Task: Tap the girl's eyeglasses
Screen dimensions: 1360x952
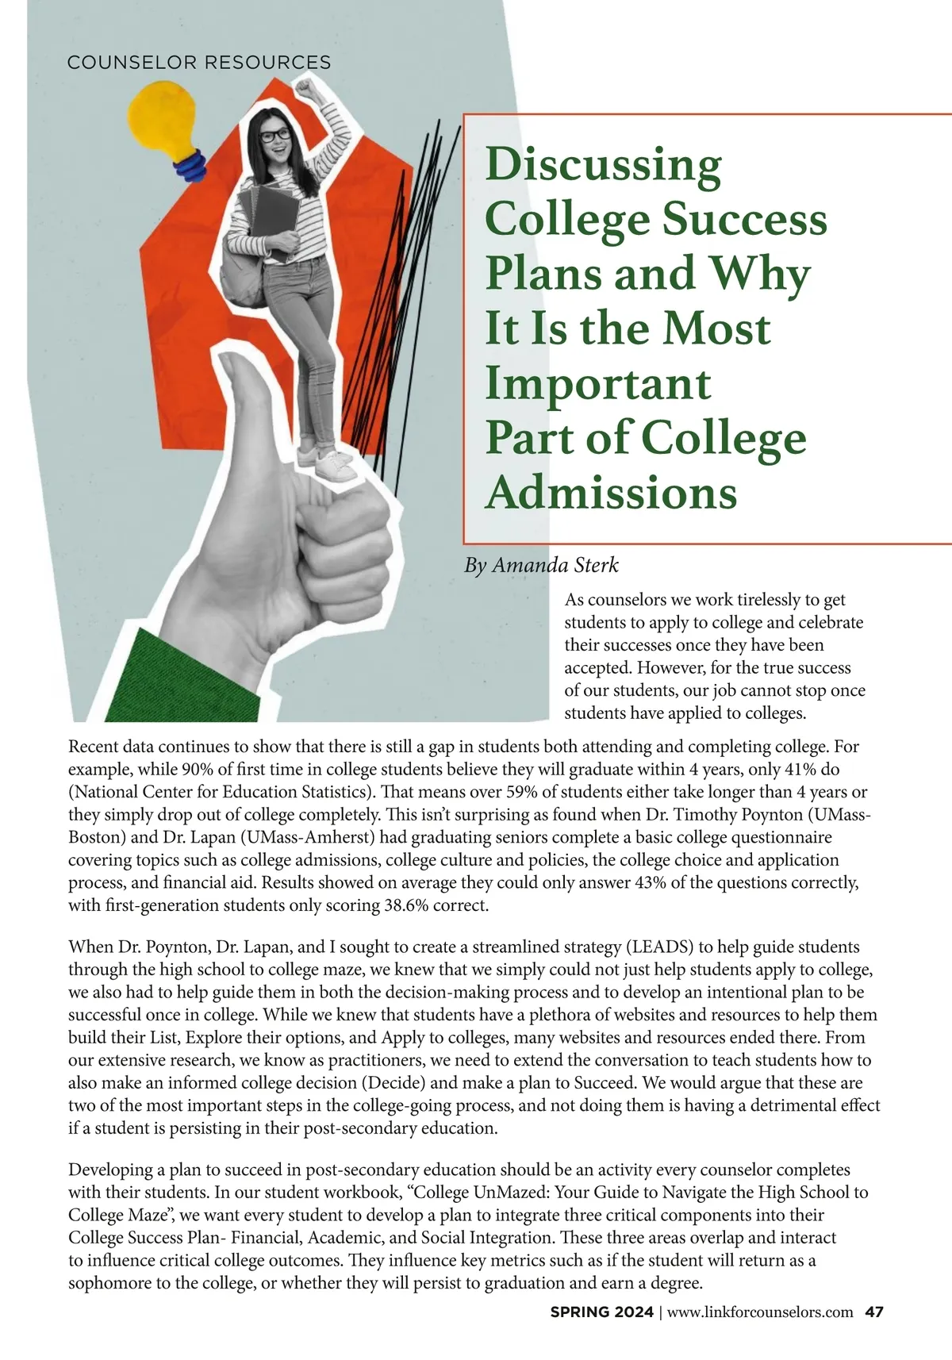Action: pyautogui.click(x=275, y=136)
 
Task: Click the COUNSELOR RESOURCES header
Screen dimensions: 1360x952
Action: pyautogui.click(x=199, y=62)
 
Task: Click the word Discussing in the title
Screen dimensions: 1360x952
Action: pyautogui.click(x=603, y=164)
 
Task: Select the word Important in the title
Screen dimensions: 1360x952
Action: pyautogui.click(x=597, y=383)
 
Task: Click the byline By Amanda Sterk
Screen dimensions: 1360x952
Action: pyautogui.click(x=541, y=565)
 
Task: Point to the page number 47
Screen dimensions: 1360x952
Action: pyautogui.click(x=873, y=1312)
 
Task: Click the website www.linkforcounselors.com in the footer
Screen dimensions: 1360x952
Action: pyautogui.click(x=760, y=1312)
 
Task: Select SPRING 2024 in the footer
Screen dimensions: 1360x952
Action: pyautogui.click(x=602, y=1312)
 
